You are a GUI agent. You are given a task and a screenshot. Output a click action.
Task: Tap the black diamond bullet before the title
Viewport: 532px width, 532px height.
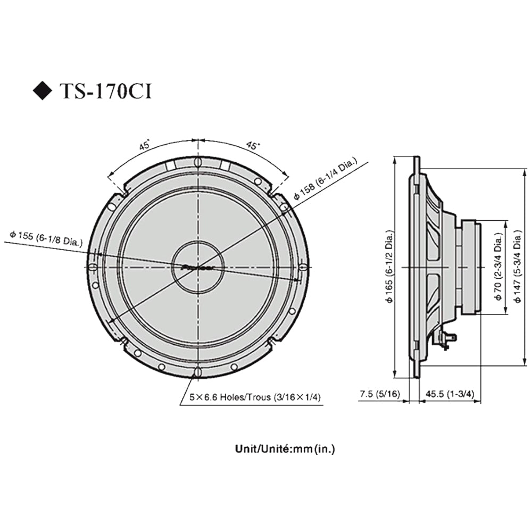coord(43,91)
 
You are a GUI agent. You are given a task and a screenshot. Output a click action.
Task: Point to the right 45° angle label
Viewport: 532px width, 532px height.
coord(252,146)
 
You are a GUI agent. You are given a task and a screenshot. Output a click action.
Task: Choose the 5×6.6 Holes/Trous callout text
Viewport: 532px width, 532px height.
coord(255,397)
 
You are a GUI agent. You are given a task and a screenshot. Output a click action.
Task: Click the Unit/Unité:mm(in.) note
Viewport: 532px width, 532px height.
coord(285,449)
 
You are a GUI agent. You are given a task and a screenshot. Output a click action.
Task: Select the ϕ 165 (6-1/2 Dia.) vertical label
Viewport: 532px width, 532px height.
coord(389,267)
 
